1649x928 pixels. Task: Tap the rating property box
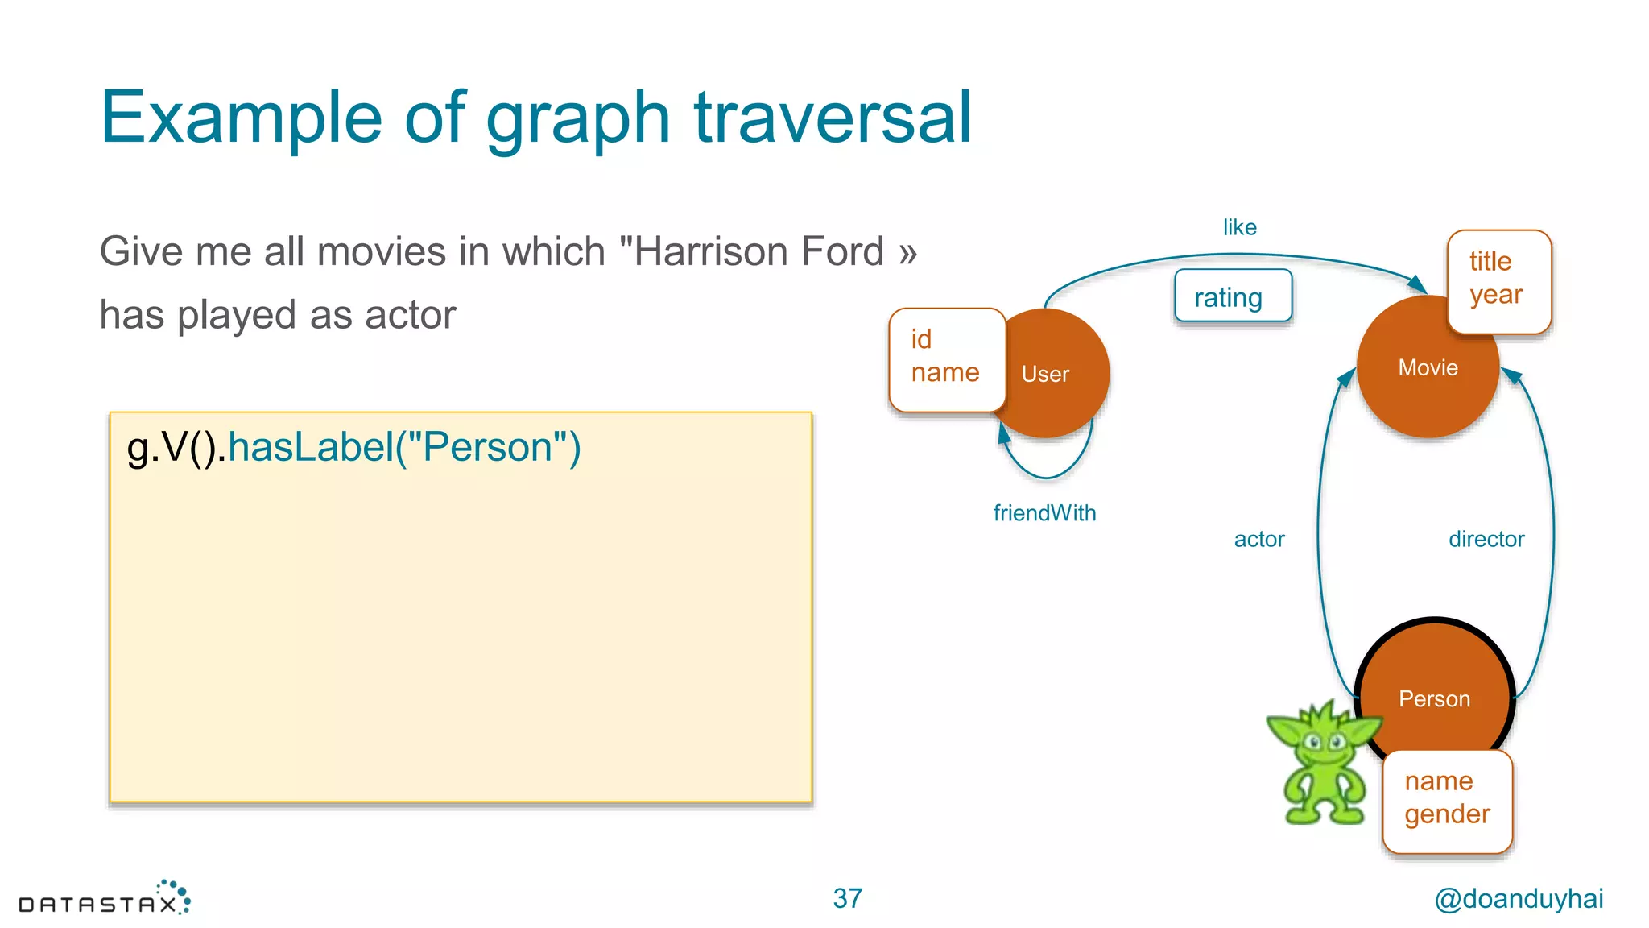click(1232, 297)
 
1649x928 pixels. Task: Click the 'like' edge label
click(1239, 227)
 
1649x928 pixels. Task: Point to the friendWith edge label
click(1044, 513)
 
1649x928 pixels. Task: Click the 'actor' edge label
click(1259, 539)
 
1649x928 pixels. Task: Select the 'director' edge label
click(1486, 539)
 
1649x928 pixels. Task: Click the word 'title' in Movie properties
click(1490, 261)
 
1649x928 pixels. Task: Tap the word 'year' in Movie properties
click(1495, 295)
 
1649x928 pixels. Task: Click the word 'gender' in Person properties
click(1447, 814)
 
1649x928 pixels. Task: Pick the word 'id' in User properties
click(921, 339)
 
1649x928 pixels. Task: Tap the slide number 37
click(847, 898)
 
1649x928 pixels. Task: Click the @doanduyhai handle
click(1519, 898)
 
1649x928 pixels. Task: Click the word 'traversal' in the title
click(833, 118)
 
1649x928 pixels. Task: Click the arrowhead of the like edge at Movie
click(1418, 284)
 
